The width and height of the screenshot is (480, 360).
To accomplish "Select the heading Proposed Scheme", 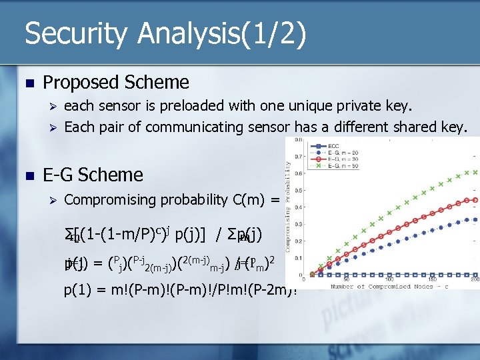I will coord(115,82).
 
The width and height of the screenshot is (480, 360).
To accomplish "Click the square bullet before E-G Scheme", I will coord(27,175).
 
